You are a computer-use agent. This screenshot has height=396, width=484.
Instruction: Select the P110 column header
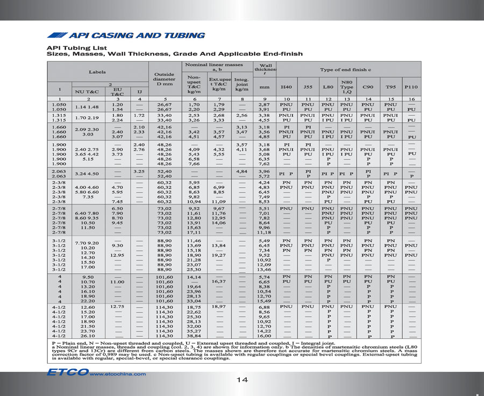point(411,87)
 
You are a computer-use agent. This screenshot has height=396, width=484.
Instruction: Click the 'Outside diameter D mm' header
point(165,80)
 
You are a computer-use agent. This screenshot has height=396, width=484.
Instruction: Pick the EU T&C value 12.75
point(117,307)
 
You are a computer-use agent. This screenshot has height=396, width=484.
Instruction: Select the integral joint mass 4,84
point(241,171)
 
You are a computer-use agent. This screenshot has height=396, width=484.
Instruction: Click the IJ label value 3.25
point(139,171)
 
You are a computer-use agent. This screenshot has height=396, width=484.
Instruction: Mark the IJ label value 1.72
point(139,115)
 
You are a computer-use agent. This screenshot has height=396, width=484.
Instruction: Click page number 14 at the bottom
point(242,380)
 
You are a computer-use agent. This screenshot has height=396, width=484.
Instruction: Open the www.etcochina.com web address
point(113,373)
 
